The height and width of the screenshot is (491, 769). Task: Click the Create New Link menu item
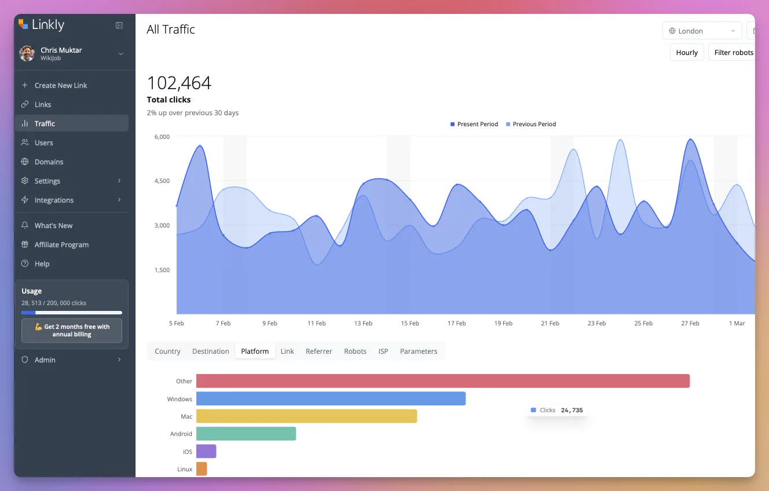click(x=60, y=85)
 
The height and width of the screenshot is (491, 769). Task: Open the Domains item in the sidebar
click(x=49, y=162)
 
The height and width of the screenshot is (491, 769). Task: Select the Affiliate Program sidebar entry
click(x=61, y=244)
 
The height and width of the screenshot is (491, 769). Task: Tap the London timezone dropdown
click(x=702, y=31)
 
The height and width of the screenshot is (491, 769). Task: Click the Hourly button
click(x=687, y=53)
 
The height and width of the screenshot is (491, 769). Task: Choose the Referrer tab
click(x=318, y=351)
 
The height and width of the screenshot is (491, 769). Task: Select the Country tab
click(x=167, y=351)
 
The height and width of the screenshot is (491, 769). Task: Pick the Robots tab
click(x=355, y=351)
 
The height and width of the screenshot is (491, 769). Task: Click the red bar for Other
click(x=443, y=381)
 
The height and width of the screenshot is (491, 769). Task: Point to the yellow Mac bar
click(x=306, y=416)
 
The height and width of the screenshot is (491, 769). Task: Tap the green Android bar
click(x=246, y=434)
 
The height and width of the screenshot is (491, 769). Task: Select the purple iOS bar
click(x=206, y=451)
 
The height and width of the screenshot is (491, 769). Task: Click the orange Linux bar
click(x=202, y=469)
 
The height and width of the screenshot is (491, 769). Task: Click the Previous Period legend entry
click(x=531, y=124)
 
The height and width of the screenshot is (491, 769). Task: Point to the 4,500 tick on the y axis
click(x=162, y=181)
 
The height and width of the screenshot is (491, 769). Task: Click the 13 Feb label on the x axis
click(x=363, y=323)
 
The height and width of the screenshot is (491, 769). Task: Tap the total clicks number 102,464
click(x=179, y=83)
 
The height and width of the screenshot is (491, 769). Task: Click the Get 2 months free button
click(x=72, y=331)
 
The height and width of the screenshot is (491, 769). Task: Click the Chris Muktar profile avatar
click(x=27, y=54)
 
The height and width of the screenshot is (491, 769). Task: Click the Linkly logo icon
click(x=23, y=24)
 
